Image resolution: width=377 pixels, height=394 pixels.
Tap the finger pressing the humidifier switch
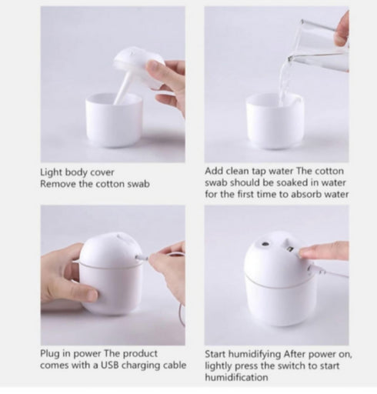(x=323, y=250)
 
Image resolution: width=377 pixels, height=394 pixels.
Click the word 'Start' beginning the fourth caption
(x=218, y=355)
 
